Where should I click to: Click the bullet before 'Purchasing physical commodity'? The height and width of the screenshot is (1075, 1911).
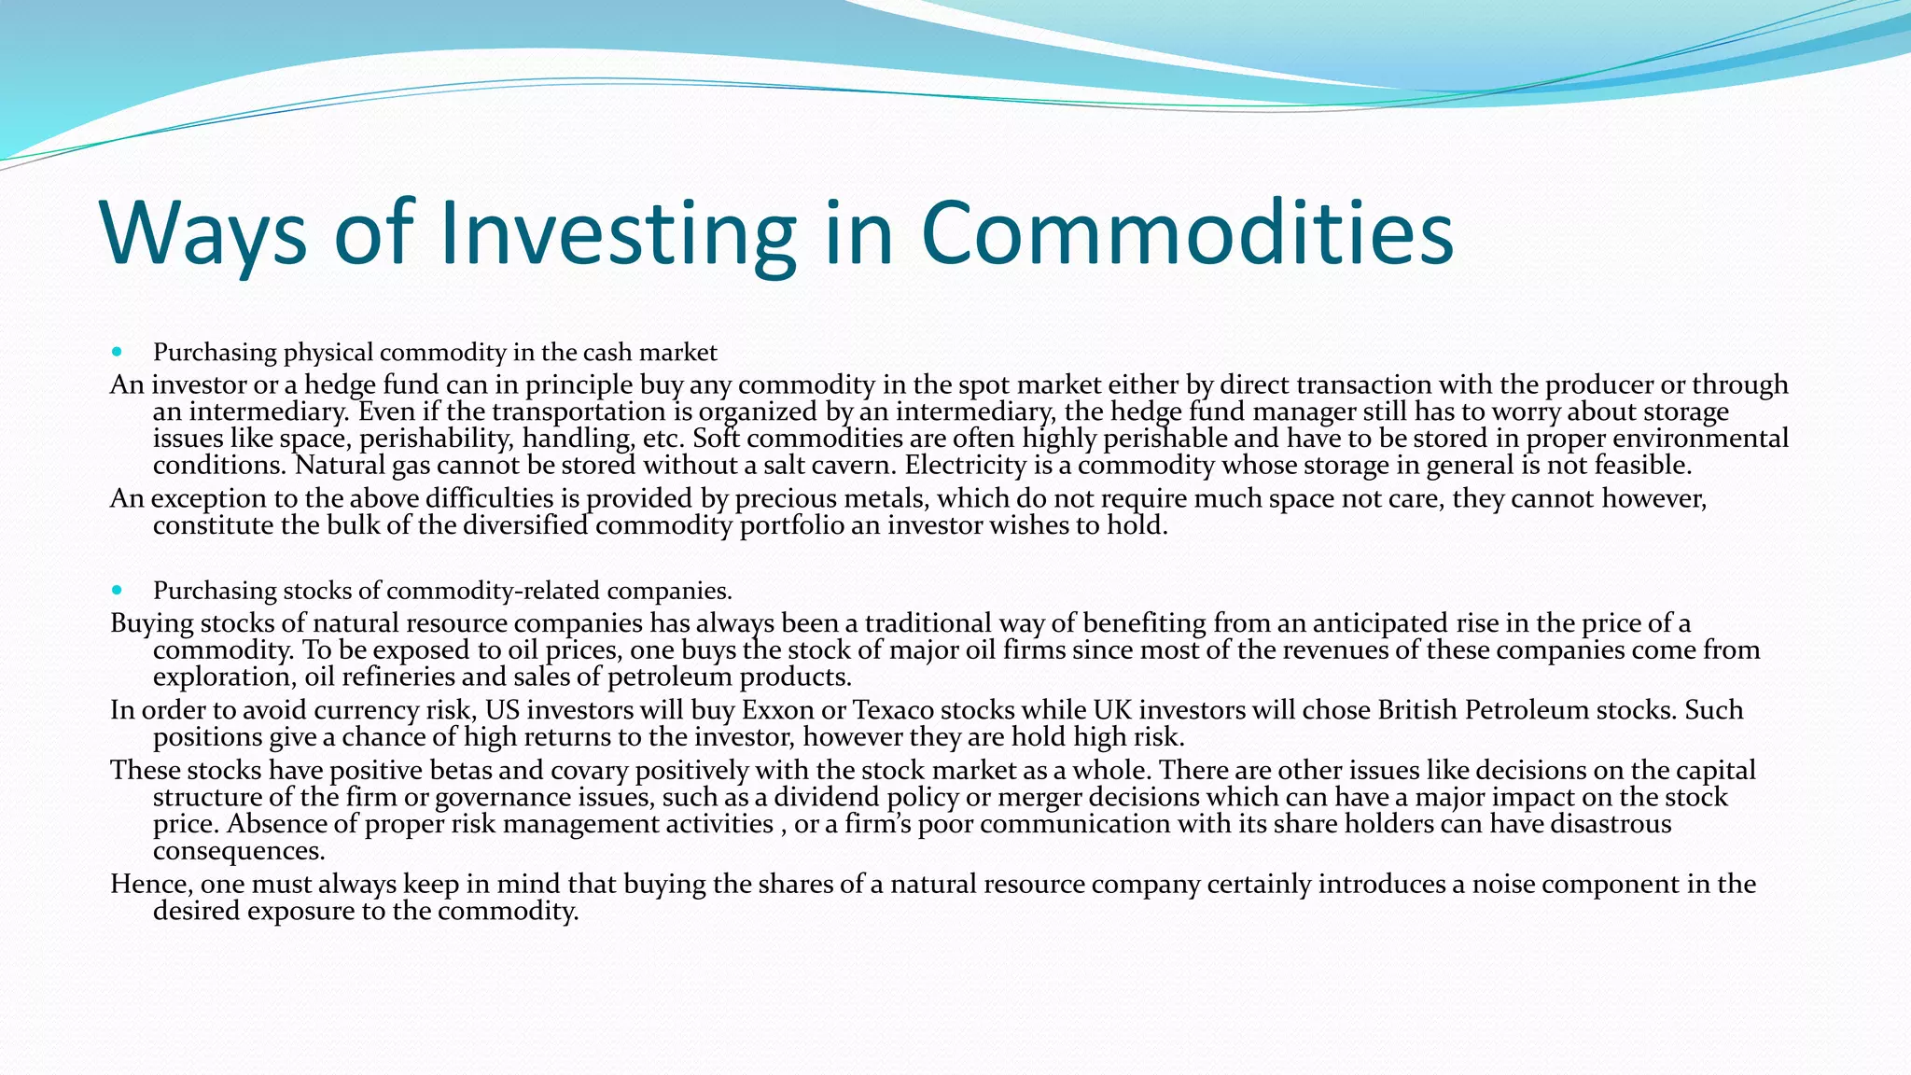point(117,352)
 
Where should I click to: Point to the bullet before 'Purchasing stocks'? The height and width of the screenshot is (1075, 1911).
point(117,590)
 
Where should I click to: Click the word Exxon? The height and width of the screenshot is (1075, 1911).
point(778,710)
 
